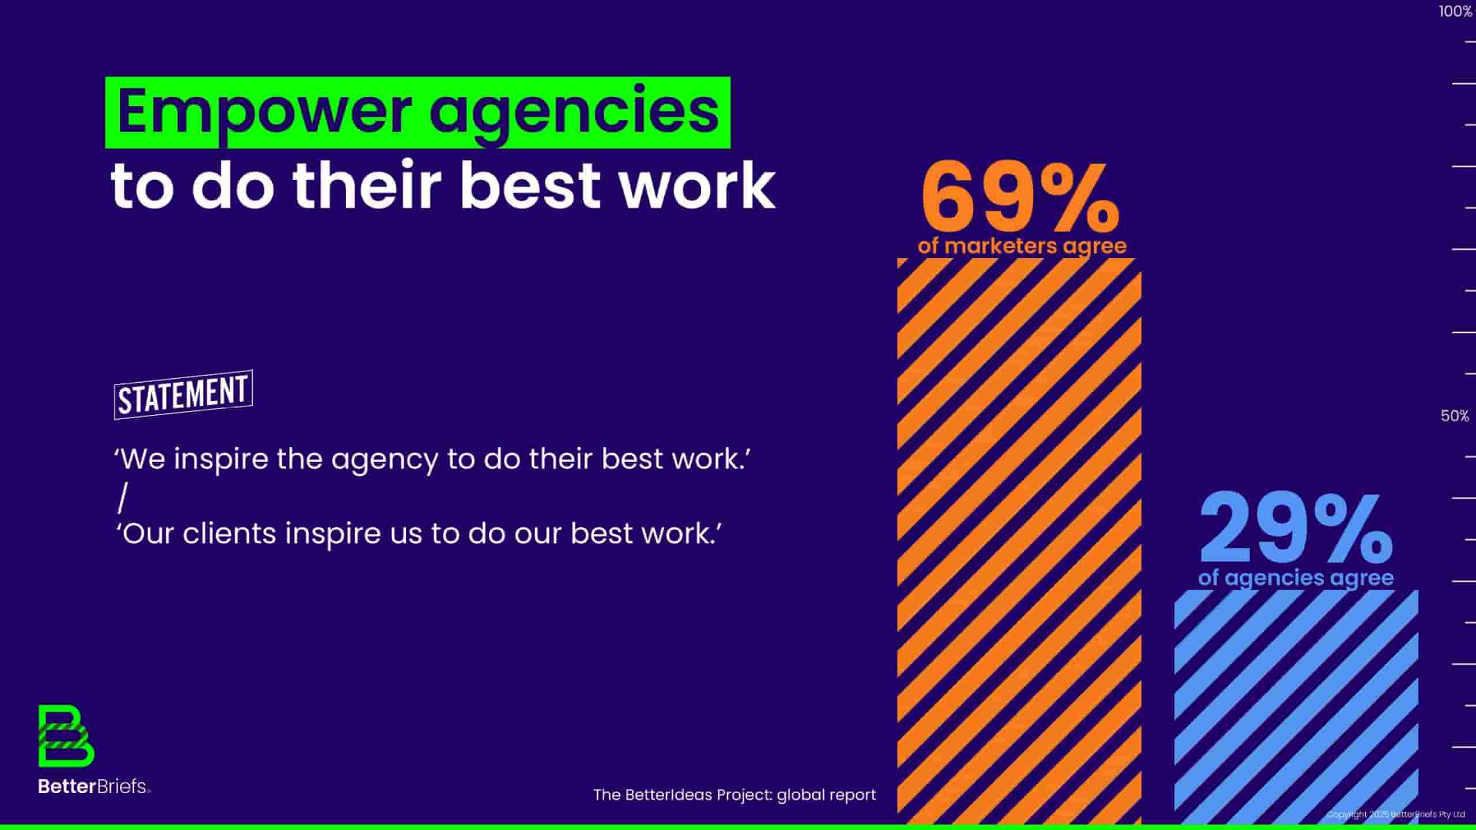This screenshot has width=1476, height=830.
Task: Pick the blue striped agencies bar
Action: [x=1296, y=707]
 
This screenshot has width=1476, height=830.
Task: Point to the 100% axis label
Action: [x=1455, y=12]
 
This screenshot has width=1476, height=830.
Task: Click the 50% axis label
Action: [x=1455, y=416]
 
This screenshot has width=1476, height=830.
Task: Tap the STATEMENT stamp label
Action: [x=183, y=395]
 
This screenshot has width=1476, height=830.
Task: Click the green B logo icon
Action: [x=66, y=736]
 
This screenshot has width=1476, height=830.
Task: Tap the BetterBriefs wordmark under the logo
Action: [x=95, y=786]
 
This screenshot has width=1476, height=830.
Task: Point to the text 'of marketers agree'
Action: [x=1022, y=246]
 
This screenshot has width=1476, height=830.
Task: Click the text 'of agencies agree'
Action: [x=1296, y=578]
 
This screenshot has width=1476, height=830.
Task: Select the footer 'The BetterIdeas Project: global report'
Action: [x=735, y=795]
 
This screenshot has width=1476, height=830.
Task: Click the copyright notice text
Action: [x=1396, y=814]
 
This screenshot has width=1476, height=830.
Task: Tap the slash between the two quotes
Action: [x=122, y=498]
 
